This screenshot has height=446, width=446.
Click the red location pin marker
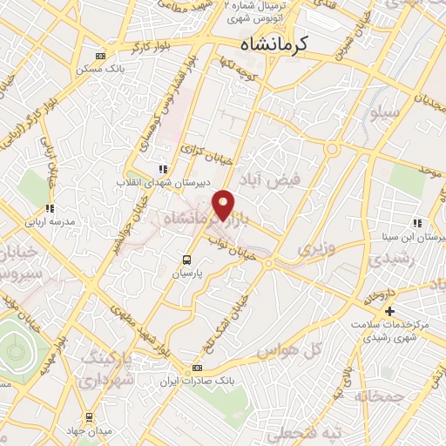[225, 206]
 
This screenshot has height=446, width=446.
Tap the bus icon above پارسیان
[186, 259]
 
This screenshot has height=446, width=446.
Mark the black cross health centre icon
[389, 311]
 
